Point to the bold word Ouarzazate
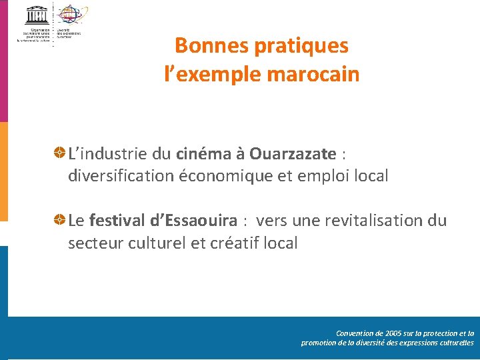pos(293,154)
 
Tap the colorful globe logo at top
pos(69,13)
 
